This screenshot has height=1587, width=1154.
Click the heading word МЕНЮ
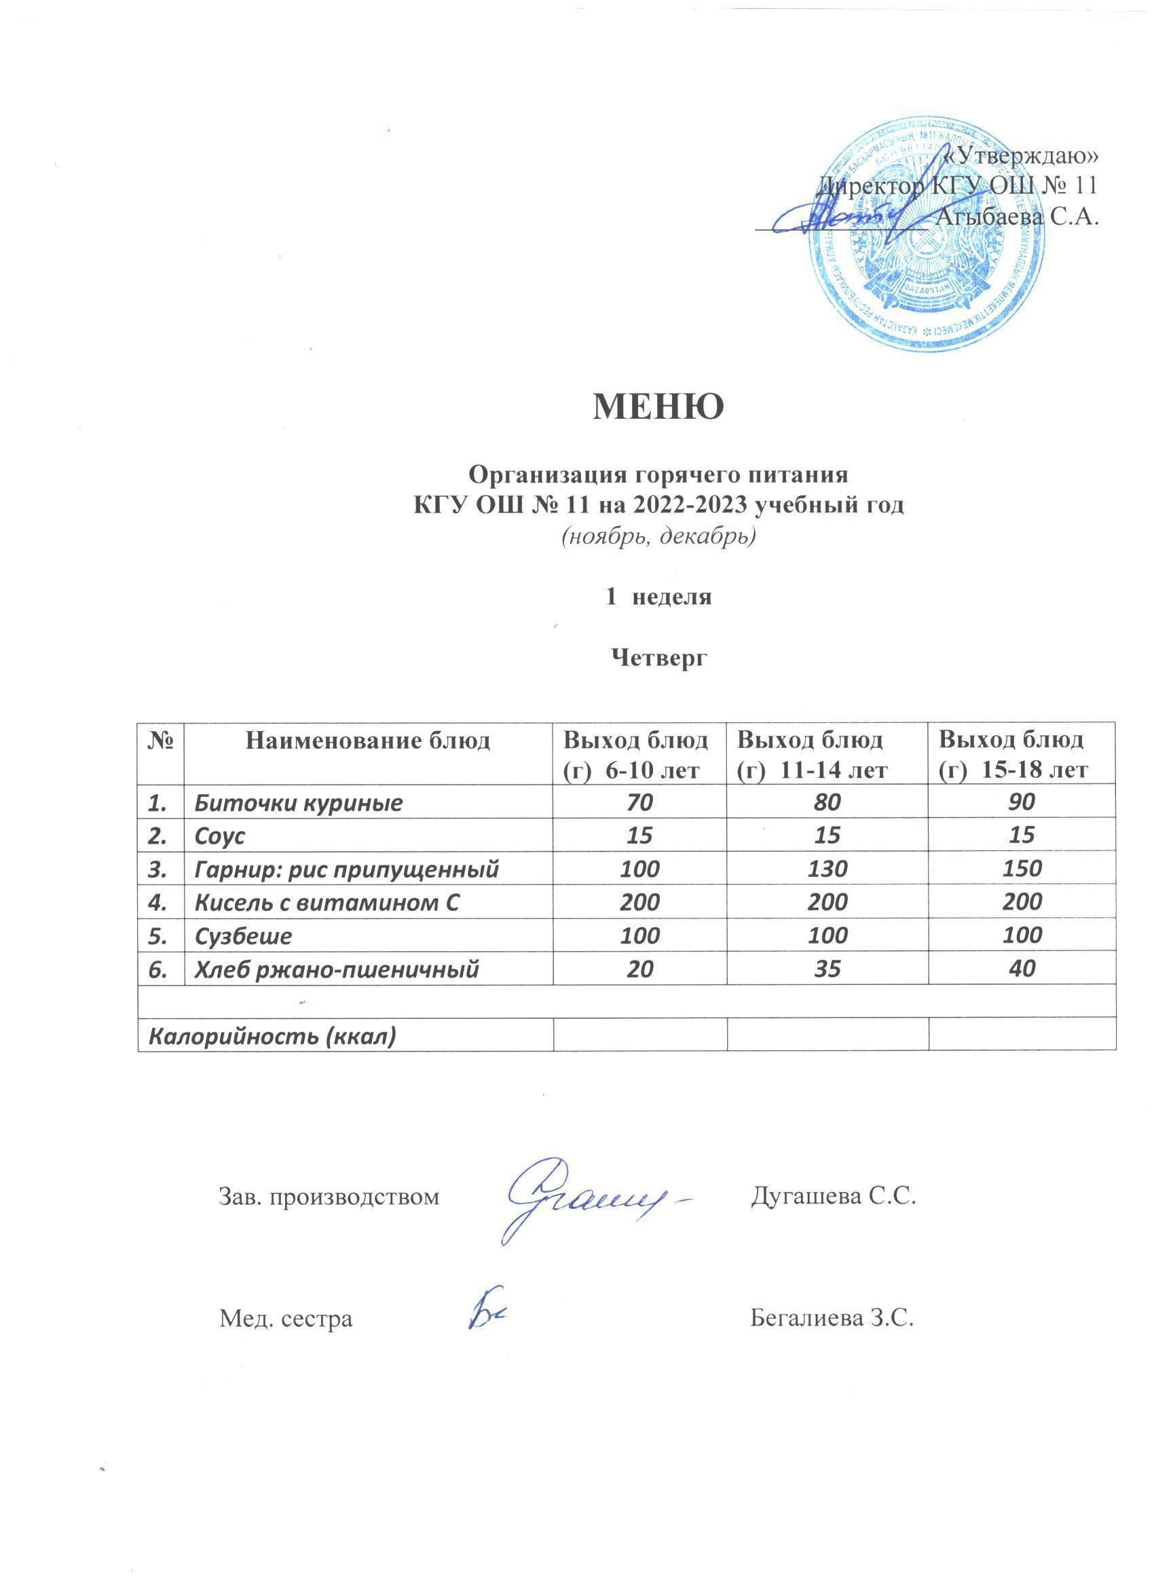pyautogui.click(x=658, y=407)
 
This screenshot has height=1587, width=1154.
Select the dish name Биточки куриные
pyautogui.click(x=298, y=802)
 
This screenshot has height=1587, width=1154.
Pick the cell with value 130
pyautogui.click(x=827, y=868)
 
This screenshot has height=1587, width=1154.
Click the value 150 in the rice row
pyautogui.click(x=1022, y=868)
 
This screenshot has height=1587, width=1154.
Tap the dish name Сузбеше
pyautogui.click(x=243, y=935)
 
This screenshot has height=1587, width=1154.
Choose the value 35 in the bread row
pyautogui.click(x=827, y=969)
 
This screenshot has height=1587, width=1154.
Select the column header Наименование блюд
pyautogui.click(x=367, y=741)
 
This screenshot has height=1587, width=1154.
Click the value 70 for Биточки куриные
pyautogui.click(x=639, y=802)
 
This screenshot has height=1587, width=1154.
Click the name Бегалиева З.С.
pyautogui.click(x=833, y=1319)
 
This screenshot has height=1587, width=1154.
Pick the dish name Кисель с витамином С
pyautogui.click(x=327, y=902)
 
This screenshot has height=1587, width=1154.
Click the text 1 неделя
pyautogui.click(x=658, y=596)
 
